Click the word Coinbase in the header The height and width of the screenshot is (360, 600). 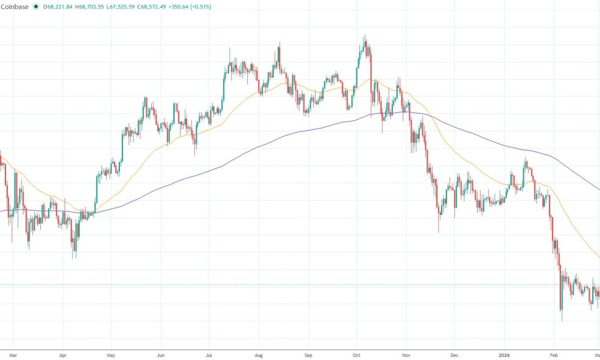coord(15,7)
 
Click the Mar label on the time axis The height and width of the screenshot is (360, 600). coord(14,355)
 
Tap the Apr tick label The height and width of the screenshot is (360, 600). coord(63,355)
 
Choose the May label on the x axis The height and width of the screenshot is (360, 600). coord(111,355)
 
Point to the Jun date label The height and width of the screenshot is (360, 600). coord(160,355)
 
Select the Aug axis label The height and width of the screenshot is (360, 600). coord(258,355)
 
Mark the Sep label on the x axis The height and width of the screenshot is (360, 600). coord(307,355)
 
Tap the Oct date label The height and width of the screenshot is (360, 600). coord(356,355)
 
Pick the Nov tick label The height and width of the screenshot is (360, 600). coord(406,355)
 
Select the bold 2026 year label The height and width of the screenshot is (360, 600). coord(504,355)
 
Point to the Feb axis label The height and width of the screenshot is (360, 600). coord(554,355)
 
